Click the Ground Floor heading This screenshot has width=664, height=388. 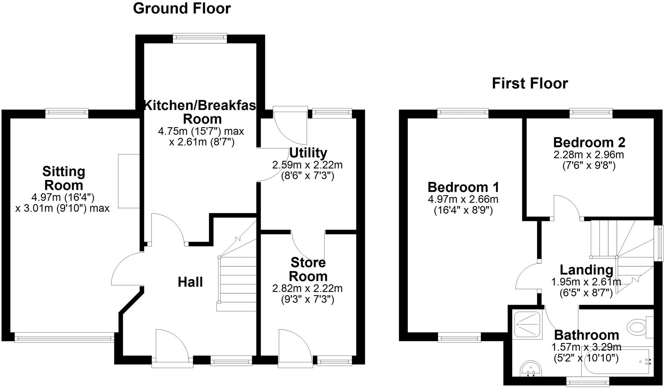tap(182, 8)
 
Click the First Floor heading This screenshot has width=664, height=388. tap(530, 83)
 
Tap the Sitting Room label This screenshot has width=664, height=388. tap(64, 178)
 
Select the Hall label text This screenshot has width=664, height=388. tap(190, 282)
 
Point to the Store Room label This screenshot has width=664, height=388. tap(308, 269)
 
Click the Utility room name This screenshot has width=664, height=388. tap(308, 152)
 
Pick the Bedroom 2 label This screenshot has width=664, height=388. tap(589, 142)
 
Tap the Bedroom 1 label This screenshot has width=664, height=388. tap(463, 187)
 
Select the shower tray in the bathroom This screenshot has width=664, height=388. tap(528, 324)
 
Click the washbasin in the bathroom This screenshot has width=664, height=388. tap(531, 369)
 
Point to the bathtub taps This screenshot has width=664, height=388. tap(646, 361)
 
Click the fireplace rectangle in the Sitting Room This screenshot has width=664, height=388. tap(129, 181)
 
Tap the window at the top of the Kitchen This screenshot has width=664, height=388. tap(200, 38)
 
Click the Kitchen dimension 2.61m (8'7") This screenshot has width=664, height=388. tap(202, 142)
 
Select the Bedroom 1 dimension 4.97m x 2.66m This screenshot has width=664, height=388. tap(463, 199)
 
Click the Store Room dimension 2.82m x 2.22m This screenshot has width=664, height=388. tap(307, 288)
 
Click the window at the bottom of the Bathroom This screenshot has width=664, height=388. tap(587, 383)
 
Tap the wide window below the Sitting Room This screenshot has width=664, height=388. tap(64, 339)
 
